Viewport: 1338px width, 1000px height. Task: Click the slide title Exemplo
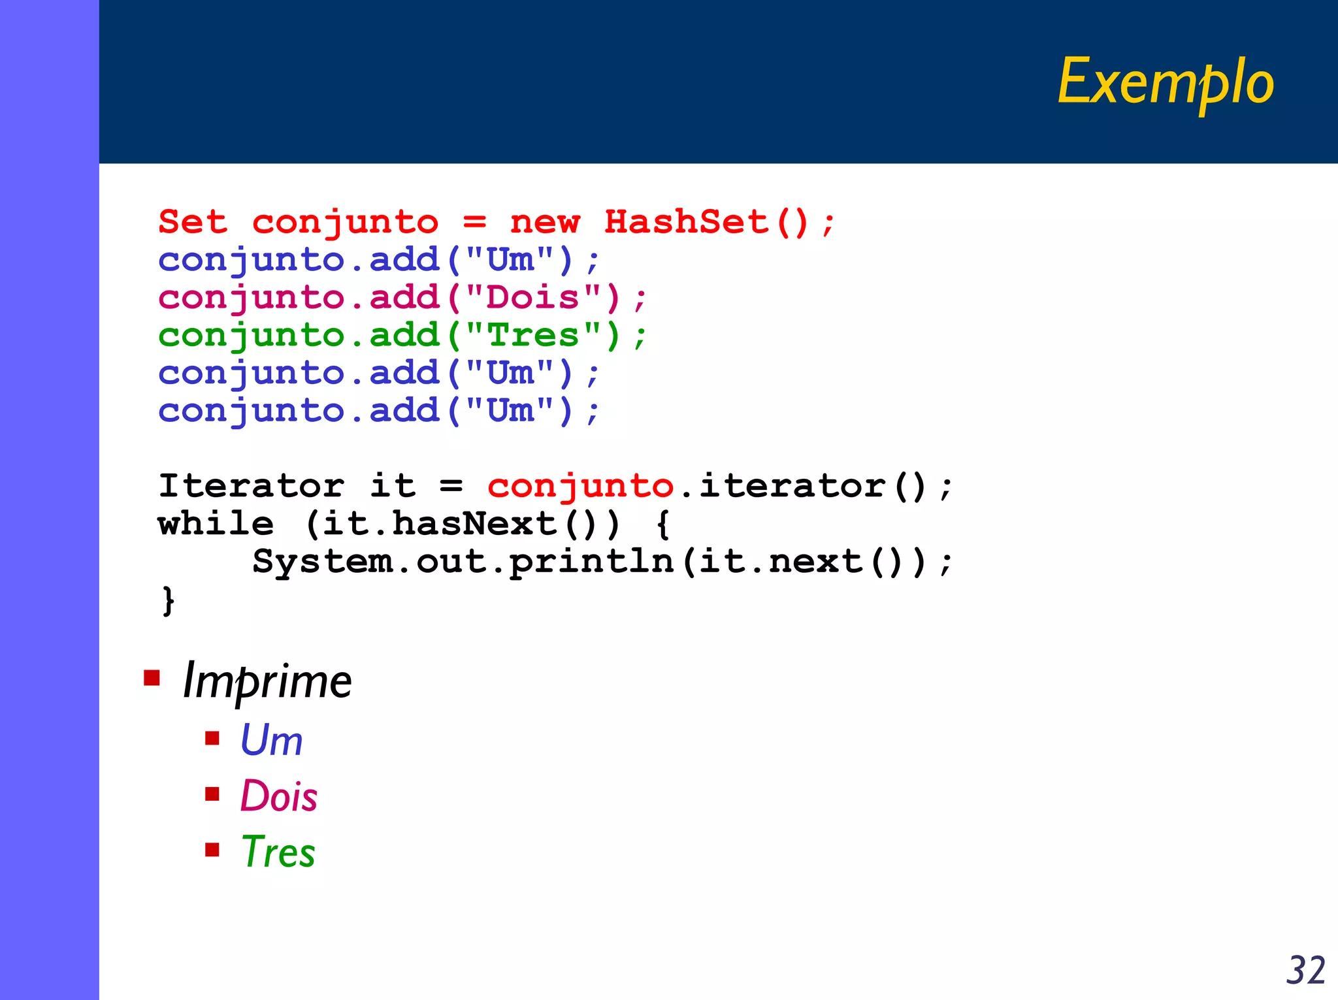[1166, 82]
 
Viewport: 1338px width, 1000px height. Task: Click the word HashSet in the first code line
[686, 222]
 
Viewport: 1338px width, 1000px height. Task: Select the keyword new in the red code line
[545, 222]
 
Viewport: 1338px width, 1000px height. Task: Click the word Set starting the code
[193, 222]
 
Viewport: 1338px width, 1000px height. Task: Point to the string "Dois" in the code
[533, 298]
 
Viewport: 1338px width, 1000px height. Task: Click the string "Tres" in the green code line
[533, 336]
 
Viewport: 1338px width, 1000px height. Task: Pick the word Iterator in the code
[252, 486]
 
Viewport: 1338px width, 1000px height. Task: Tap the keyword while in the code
[216, 524]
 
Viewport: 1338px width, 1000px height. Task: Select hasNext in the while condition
[474, 524]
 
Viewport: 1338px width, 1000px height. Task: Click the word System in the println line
[322, 562]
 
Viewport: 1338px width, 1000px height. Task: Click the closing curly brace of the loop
[169, 600]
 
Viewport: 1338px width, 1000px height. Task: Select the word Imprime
[267, 681]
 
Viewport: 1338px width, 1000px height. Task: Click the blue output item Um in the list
[271, 740]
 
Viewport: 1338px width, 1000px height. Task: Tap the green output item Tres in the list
[278, 852]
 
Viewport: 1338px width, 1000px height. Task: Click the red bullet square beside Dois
[212, 794]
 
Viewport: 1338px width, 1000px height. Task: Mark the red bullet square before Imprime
[152, 679]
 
